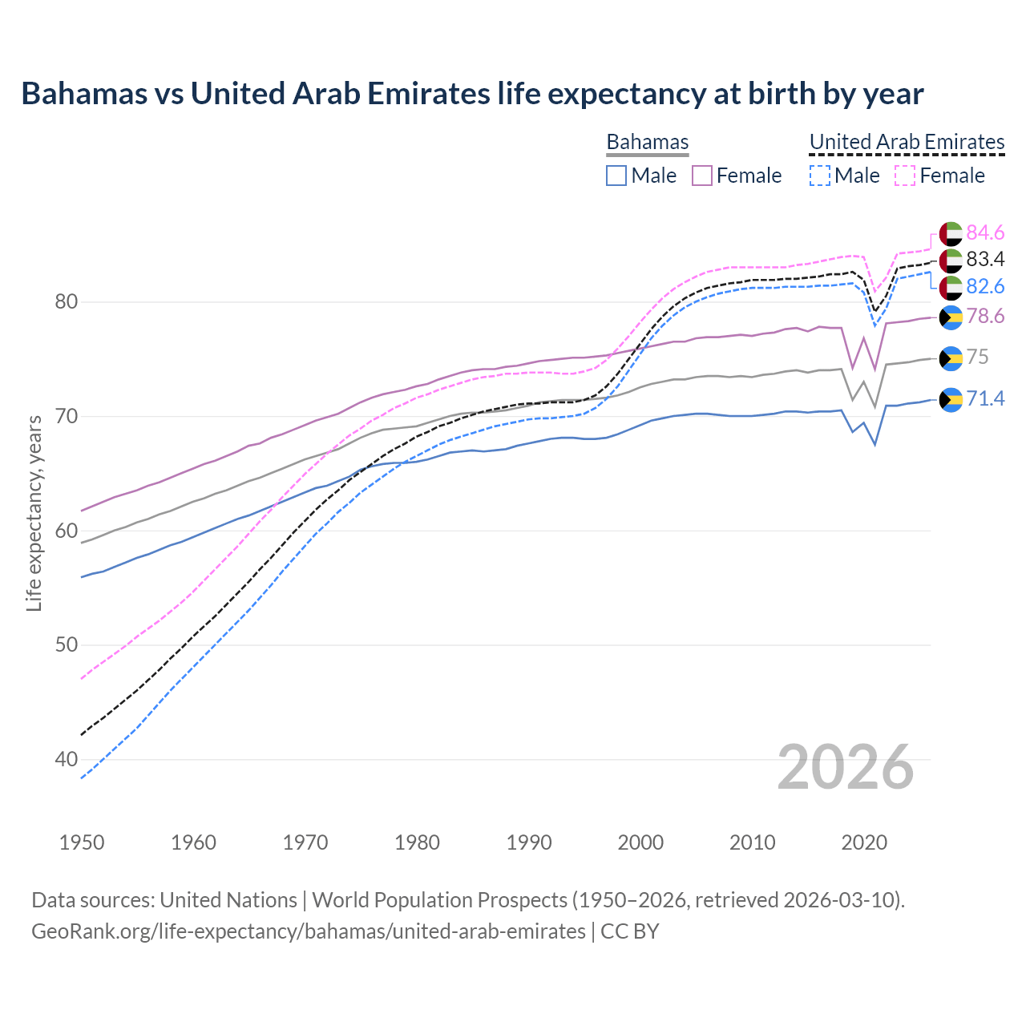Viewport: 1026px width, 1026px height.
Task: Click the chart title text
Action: (x=472, y=94)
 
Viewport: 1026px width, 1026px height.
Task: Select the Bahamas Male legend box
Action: (x=616, y=176)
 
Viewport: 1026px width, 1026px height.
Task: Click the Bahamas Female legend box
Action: (x=702, y=176)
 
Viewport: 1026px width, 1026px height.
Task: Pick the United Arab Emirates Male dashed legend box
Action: (x=819, y=176)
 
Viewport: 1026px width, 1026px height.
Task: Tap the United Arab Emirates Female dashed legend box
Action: (x=905, y=176)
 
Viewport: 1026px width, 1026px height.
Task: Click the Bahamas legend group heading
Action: (x=647, y=143)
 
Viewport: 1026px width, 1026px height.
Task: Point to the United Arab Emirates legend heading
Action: (x=907, y=143)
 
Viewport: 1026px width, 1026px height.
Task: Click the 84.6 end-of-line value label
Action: (x=985, y=232)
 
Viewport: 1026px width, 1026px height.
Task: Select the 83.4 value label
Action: (x=985, y=259)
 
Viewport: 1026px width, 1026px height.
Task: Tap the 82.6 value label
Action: (x=985, y=286)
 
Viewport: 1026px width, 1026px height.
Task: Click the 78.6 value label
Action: (x=985, y=317)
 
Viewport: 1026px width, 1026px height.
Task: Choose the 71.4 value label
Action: (x=985, y=398)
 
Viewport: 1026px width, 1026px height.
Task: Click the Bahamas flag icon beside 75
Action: (x=951, y=357)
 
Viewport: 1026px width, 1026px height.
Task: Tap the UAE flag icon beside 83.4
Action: (x=951, y=260)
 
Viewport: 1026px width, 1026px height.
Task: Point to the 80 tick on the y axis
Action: (x=67, y=302)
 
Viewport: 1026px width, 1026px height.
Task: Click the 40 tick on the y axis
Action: (x=67, y=759)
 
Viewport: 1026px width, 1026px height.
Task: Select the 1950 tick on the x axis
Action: (x=82, y=842)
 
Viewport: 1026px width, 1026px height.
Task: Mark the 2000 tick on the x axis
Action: (x=640, y=842)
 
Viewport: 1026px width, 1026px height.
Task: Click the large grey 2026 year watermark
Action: (x=845, y=767)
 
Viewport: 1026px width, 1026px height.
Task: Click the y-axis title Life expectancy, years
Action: (x=34, y=513)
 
